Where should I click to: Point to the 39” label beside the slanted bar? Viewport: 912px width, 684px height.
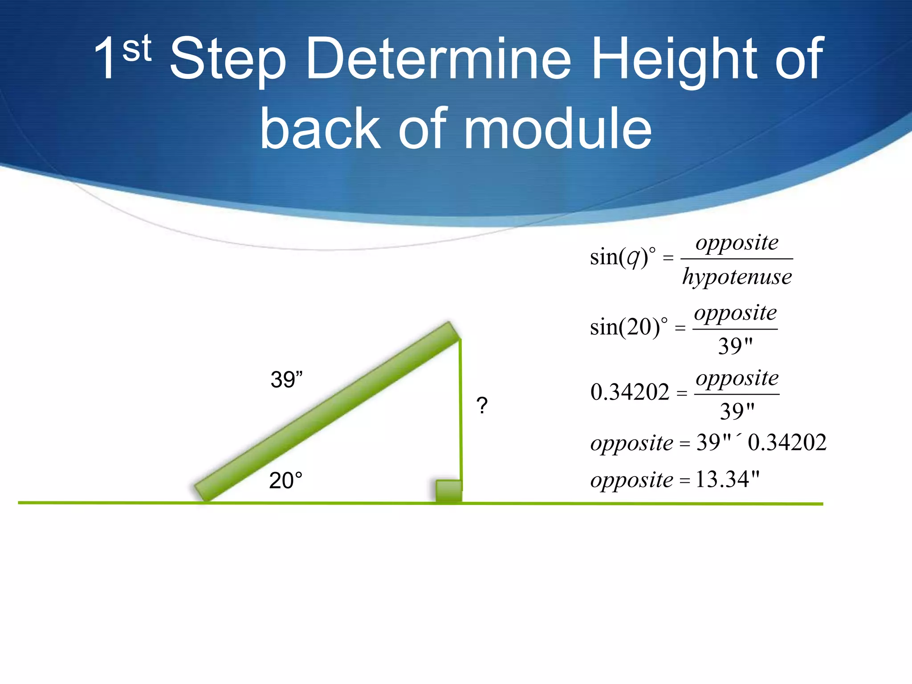tap(286, 380)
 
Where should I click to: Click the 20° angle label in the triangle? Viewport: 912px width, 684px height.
tap(285, 481)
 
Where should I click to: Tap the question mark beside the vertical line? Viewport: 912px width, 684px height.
tap(482, 406)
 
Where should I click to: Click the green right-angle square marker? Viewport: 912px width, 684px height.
tap(448, 491)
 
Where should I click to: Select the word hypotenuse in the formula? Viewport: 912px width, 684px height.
tap(737, 277)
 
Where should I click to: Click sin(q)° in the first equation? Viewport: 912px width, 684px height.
tap(623, 257)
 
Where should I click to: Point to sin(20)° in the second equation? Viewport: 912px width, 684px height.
tap(628, 327)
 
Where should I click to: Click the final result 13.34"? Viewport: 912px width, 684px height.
tap(727, 480)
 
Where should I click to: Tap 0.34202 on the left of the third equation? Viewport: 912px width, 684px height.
tap(630, 392)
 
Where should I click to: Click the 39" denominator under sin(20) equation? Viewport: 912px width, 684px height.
tap(735, 346)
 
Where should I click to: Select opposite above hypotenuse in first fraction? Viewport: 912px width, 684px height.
tap(737, 243)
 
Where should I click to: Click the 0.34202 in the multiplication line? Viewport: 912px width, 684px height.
tap(787, 443)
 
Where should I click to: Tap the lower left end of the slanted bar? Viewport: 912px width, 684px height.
tap(203, 493)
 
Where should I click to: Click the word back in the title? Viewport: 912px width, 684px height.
tap(320, 129)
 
